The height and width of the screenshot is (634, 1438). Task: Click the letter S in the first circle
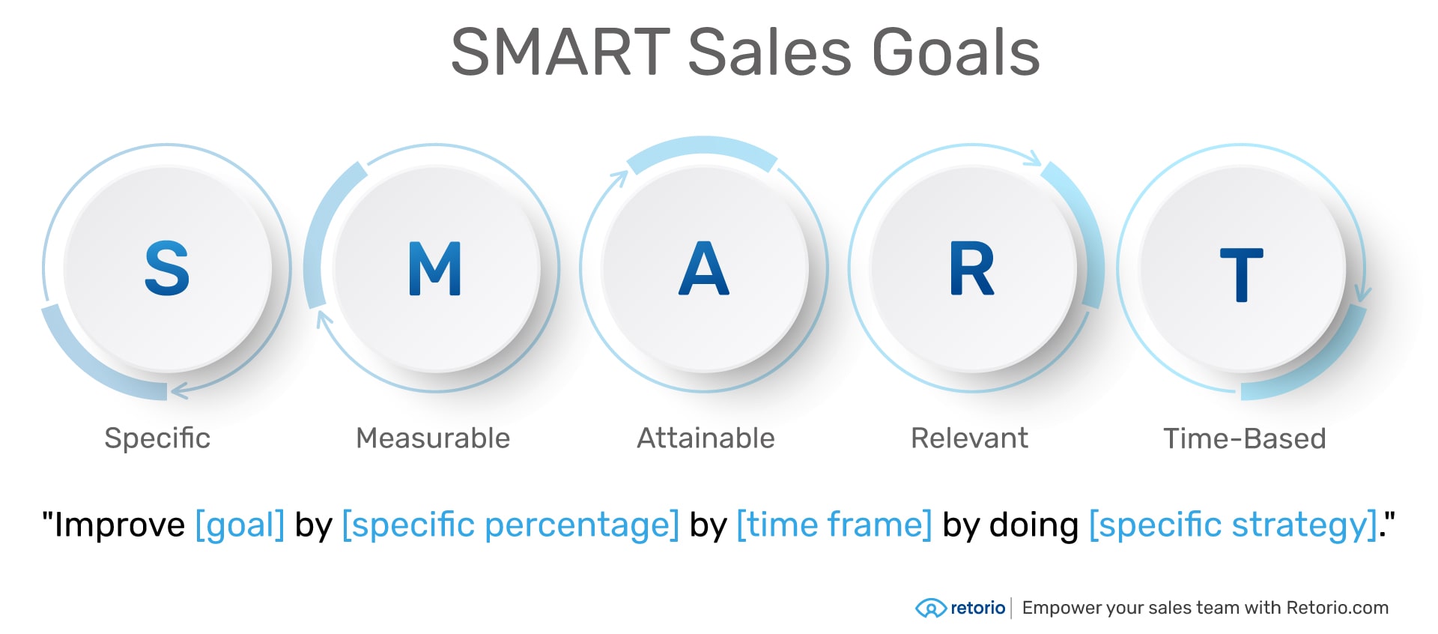pos(167,268)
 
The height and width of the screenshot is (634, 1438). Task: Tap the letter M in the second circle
pos(435,268)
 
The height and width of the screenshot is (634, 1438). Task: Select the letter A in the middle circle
pos(703,268)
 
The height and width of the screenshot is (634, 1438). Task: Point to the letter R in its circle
pos(971,268)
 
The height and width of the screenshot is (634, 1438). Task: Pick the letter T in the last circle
pos(1241,274)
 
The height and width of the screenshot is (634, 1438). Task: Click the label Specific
pos(157,438)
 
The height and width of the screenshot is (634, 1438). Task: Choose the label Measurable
pos(433,438)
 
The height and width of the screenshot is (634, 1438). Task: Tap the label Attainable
pos(706,438)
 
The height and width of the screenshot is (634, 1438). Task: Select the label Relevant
pos(969,438)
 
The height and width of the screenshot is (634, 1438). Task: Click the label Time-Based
pos(1244,438)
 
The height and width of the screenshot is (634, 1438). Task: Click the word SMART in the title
pos(560,52)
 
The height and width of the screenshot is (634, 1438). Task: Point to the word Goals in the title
pos(956,52)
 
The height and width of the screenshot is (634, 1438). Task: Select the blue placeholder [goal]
pos(240,525)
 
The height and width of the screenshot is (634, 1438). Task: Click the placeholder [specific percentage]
pos(510,525)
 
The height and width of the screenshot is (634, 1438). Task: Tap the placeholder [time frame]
pos(834,525)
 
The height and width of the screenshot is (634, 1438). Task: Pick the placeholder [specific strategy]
pos(1233,525)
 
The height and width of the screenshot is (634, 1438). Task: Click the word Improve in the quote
pos(119,525)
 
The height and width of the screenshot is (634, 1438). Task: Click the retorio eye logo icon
pos(930,608)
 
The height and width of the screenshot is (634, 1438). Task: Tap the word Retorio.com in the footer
pos(1337,608)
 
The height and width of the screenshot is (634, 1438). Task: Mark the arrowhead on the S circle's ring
pos(178,390)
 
